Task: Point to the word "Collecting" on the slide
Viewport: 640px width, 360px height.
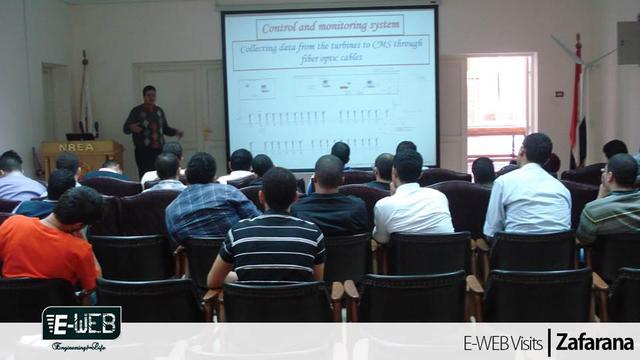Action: [x=267, y=47]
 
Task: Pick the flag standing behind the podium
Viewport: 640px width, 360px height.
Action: [x=85, y=100]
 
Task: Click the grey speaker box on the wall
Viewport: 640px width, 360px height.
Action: [x=628, y=42]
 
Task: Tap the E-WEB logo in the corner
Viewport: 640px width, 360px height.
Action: [x=81, y=324]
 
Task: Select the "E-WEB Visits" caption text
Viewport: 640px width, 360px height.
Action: [x=502, y=343]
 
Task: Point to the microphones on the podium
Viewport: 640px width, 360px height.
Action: [x=83, y=128]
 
